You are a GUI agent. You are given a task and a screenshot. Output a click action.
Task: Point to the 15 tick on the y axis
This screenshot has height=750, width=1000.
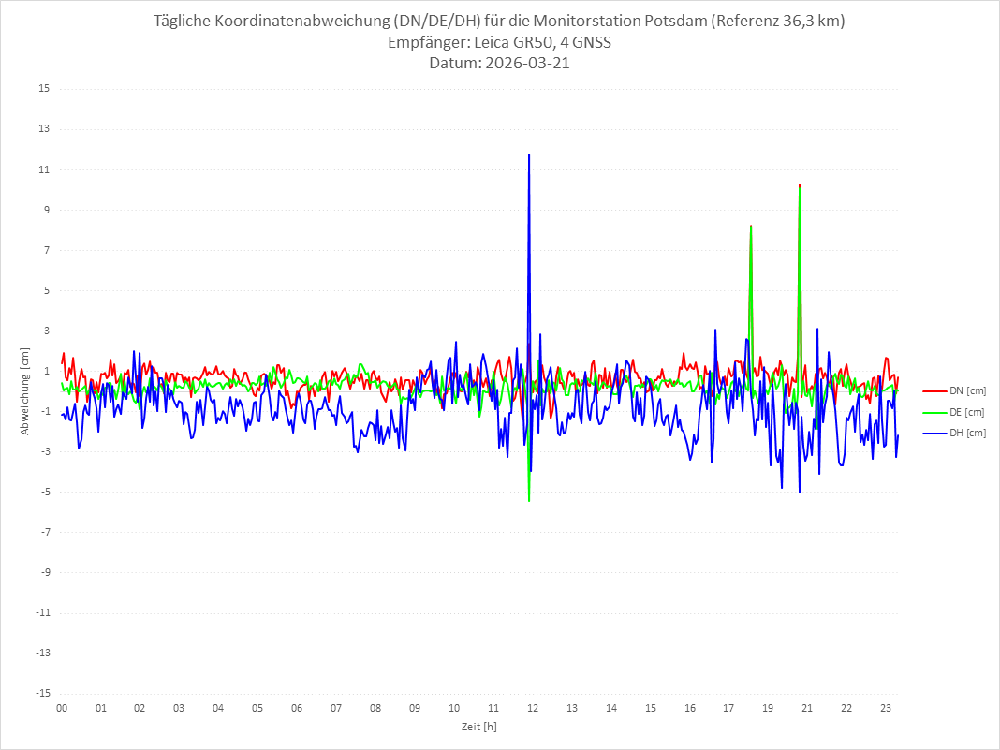tap(44, 89)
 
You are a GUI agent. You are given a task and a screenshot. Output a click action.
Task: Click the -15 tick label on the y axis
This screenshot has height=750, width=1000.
tap(42, 694)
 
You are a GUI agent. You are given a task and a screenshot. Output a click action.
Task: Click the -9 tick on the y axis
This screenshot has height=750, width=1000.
tap(44, 572)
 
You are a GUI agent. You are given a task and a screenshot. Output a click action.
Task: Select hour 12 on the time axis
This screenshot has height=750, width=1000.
tap(533, 709)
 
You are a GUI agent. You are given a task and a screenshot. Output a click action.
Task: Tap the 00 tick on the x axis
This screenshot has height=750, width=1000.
tap(62, 709)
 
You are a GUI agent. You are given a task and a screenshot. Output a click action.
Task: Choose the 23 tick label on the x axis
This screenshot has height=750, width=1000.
tap(885, 709)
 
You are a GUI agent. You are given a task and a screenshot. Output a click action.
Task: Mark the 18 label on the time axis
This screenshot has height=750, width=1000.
tap(728, 709)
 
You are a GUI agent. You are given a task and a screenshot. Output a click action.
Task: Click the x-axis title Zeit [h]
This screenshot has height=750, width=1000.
tap(478, 727)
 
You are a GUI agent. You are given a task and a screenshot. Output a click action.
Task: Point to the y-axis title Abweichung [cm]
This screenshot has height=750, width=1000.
tap(25, 390)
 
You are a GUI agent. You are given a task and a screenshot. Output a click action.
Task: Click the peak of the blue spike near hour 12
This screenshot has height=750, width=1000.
tap(529, 154)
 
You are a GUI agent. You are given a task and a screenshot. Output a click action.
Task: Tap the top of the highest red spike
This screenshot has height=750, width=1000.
tap(800, 185)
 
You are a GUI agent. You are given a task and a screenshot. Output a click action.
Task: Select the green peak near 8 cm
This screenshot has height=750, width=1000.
tap(751, 226)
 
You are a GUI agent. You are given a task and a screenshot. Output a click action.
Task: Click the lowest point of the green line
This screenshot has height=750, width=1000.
tap(529, 501)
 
